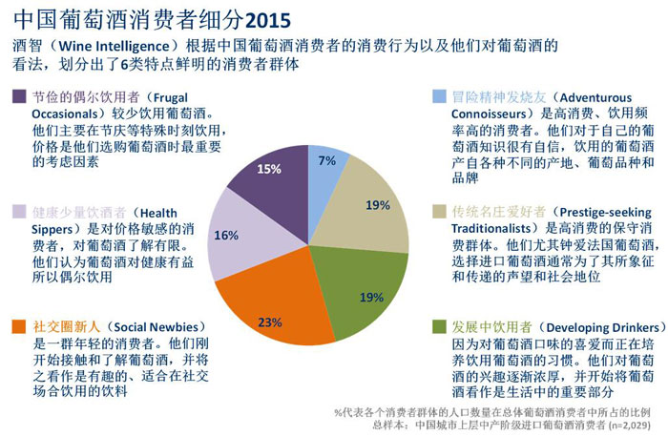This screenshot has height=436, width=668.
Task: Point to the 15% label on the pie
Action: tap(269, 170)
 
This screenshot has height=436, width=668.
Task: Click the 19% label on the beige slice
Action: tap(376, 204)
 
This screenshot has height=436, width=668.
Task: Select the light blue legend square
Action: tap(438, 97)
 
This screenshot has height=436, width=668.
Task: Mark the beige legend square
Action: tap(438, 213)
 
